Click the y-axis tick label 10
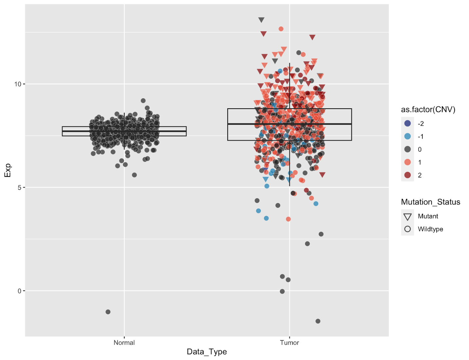[18, 84]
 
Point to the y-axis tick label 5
[19, 187]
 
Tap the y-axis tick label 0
[19, 291]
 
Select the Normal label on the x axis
[124, 343]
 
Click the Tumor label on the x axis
[289, 343]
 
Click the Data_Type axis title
[207, 352]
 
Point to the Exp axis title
[8, 170]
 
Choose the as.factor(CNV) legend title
[428, 109]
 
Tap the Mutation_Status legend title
[430, 202]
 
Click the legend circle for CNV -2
[407, 123]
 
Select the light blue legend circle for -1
[407, 136]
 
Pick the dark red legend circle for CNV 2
[407, 175]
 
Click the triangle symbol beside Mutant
[407, 217]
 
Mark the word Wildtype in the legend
[430, 229]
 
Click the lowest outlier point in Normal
[108, 312]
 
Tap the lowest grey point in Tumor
[318, 321]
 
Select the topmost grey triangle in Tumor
[261, 20]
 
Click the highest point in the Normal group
[143, 101]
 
